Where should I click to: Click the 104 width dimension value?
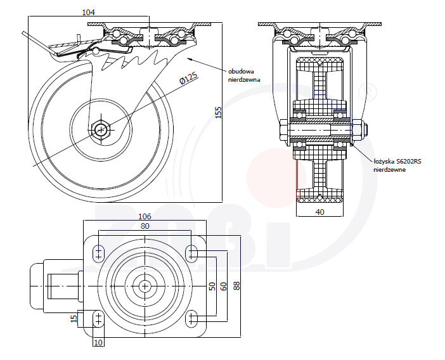(89, 12)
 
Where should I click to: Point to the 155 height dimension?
(218, 112)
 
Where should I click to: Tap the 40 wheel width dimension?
(319, 212)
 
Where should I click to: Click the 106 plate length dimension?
(145, 215)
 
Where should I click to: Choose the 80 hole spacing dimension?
(145, 226)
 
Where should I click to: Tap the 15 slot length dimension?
(74, 318)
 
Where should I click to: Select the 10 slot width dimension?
(98, 343)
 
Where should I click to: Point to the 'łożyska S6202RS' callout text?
(398, 165)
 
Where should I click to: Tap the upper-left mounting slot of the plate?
(98, 254)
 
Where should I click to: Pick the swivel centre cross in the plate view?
(145, 286)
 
